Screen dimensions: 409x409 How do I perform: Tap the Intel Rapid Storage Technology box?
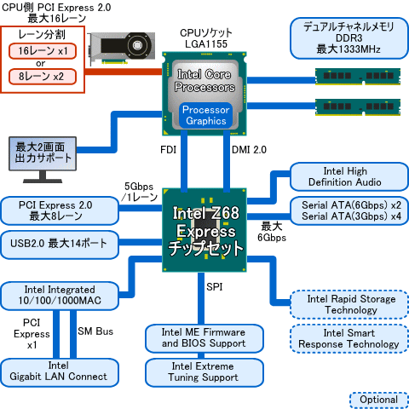pos(344,304)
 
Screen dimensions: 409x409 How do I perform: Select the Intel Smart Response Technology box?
pos(344,338)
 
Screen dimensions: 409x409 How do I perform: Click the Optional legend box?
pos(378,400)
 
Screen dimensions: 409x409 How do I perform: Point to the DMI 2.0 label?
pos(251,150)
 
